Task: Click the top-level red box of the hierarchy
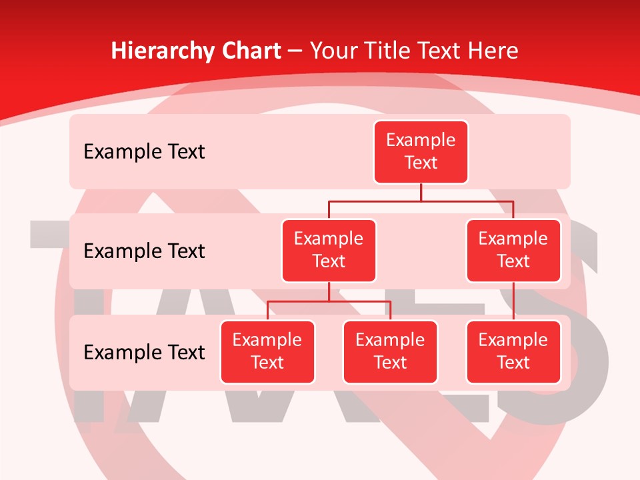[421, 152]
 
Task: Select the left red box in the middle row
[329, 251]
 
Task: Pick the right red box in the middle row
[513, 251]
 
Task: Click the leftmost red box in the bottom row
[267, 352]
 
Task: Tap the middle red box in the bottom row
[390, 352]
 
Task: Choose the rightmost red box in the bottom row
[513, 352]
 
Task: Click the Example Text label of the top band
[144, 152]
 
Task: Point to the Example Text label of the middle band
[144, 251]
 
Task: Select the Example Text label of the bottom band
[144, 353]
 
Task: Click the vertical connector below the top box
[421, 192]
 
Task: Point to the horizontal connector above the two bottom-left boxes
[329, 301]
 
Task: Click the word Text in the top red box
[421, 163]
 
